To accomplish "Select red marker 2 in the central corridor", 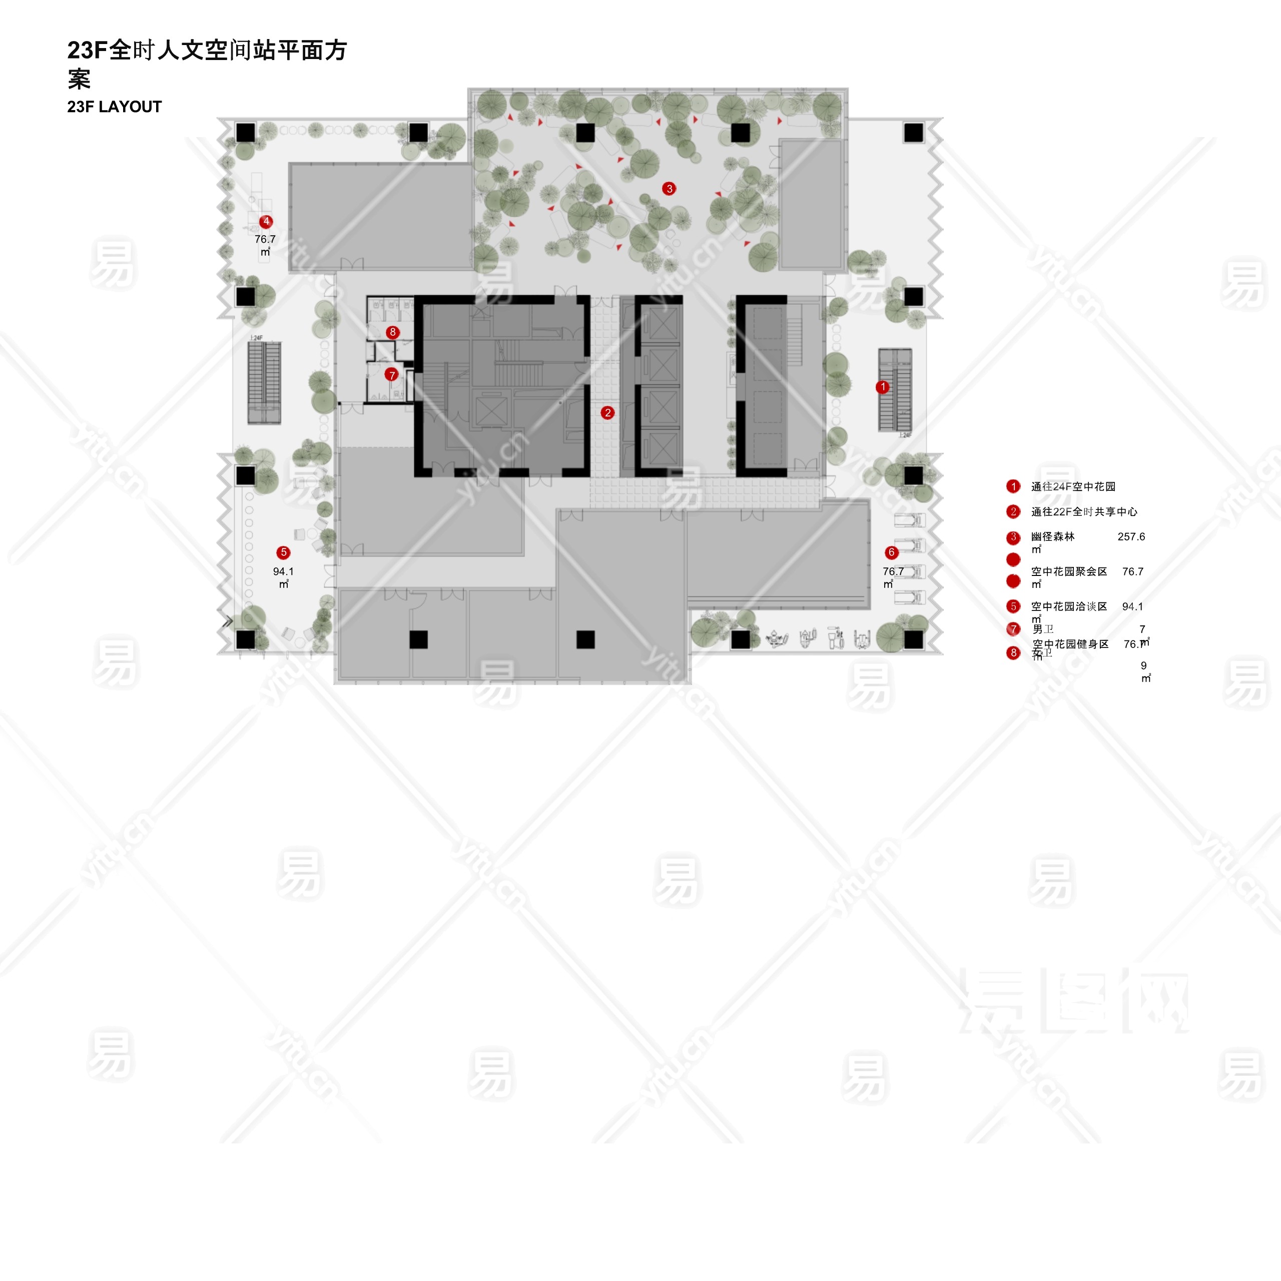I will click(x=607, y=412).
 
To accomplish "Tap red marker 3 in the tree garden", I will click(x=669, y=188).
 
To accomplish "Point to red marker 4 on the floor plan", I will click(x=266, y=222).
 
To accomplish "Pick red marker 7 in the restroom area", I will click(x=391, y=375).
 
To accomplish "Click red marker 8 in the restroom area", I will click(x=392, y=332).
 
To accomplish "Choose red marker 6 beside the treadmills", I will click(x=891, y=552).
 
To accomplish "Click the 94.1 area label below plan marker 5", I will click(x=283, y=571).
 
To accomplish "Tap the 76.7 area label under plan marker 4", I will click(x=265, y=239).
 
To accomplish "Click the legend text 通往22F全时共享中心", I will click(x=1084, y=512).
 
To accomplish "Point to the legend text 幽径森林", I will click(x=1053, y=537).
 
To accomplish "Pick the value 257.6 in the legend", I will click(x=1131, y=537).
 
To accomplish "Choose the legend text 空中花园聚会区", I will click(x=1069, y=571).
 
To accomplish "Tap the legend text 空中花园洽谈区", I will click(x=1069, y=606).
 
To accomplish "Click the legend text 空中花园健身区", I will click(x=1070, y=644).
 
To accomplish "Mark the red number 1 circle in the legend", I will click(x=1013, y=487).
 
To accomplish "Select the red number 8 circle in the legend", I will click(x=1013, y=653).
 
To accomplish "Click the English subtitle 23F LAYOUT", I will click(x=114, y=107).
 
